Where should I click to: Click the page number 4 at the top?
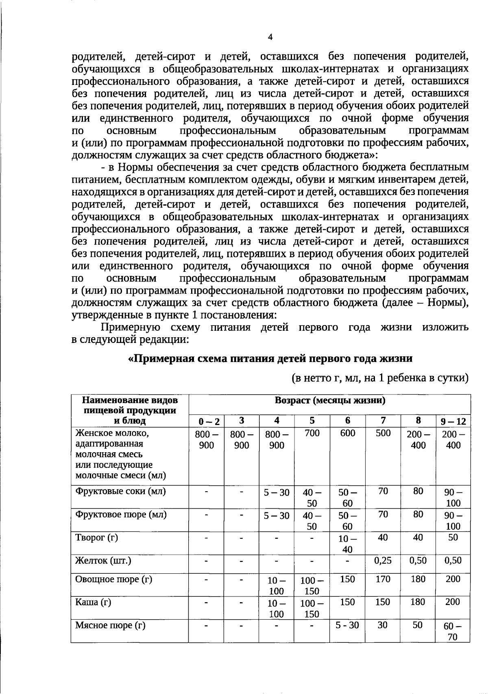(x=270, y=37)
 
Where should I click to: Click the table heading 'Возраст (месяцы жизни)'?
(x=330, y=400)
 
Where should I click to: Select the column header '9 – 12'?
(x=453, y=421)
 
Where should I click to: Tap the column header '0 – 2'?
(x=207, y=421)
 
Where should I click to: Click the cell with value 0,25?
(x=383, y=561)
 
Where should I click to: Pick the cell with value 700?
(x=312, y=433)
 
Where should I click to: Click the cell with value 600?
(x=348, y=433)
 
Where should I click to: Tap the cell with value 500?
(x=383, y=433)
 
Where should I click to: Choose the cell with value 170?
(x=383, y=579)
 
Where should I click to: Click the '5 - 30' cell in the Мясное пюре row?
(x=347, y=625)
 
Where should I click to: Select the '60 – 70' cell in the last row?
(x=453, y=631)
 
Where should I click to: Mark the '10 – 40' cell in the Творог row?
(x=347, y=544)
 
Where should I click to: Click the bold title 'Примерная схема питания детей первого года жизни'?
(x=270, y=359)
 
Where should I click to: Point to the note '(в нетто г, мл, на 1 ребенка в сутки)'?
(x=381, y=378)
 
